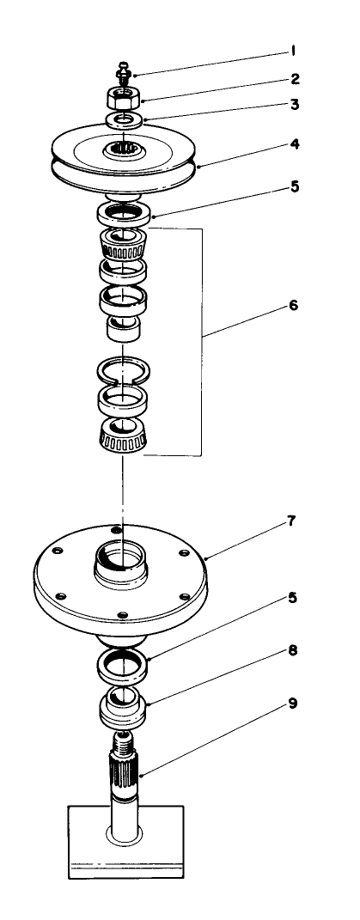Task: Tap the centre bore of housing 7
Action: pyautogui.click(x=123, y=556)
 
